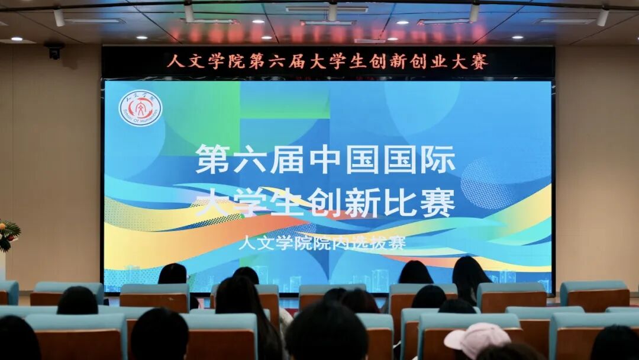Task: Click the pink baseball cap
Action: pyautogui.click(x=477, y=337)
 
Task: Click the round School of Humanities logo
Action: pyautogui.click(x=140, y=108)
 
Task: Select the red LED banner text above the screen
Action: pyautogui.click(x=327, y=62)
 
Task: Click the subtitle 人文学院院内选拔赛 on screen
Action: pyautogui.click(x=322, y=242)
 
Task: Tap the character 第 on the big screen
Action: pyautogui.click(x=213, y=160)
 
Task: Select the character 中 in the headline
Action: pyautogui.click(x=326, y=160)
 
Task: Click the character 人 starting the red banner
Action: pyautogui.click(x=173, y=62)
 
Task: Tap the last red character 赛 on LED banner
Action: pyautogui.click(x=480, y=62)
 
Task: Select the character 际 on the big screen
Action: pyautogui.click(x=438, y=160)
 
